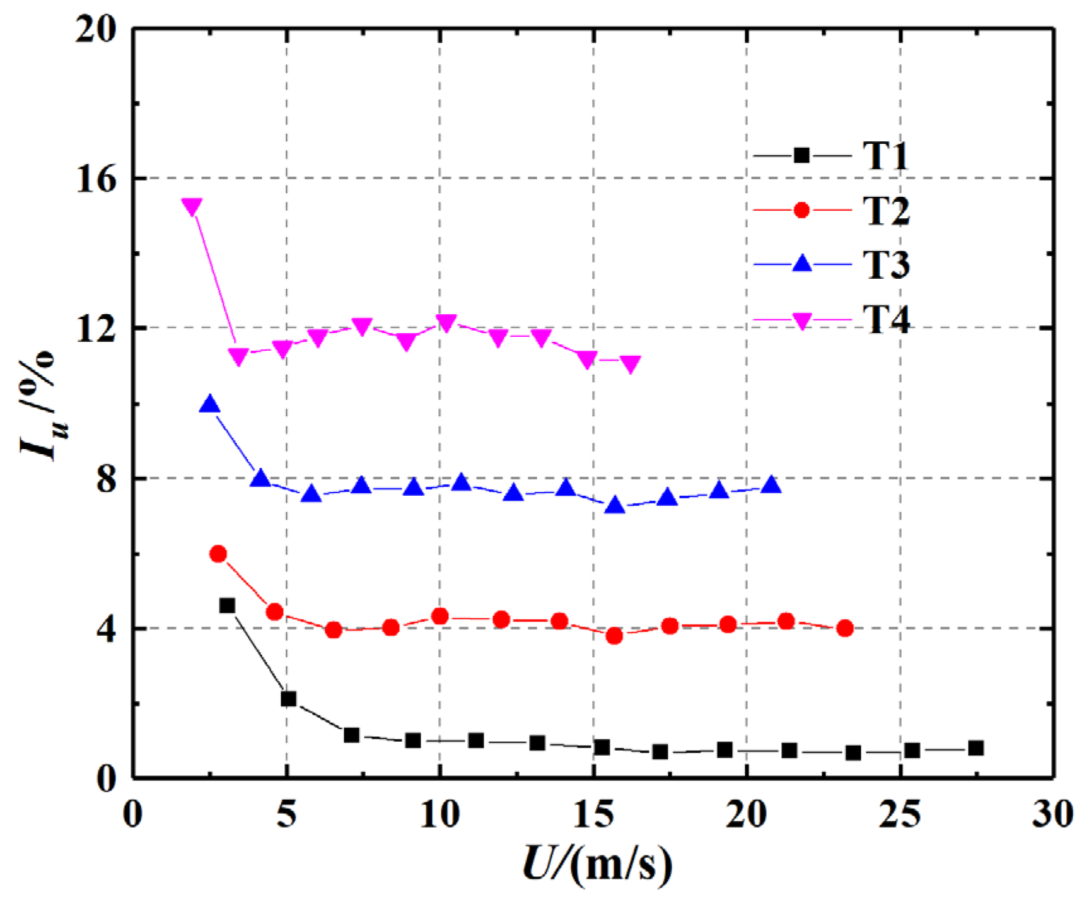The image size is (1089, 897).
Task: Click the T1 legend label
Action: pyautogui.click(x=885, y=155)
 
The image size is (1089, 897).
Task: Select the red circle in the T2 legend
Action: pyautogui.click(x=801, y=210)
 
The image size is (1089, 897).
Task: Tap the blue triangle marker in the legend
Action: pyautogui.click(x=801, y=263)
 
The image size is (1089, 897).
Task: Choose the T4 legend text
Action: pyautogui.click(x=886, y=319)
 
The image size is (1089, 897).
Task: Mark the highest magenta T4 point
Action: pyautogui.click(x=192, y=206)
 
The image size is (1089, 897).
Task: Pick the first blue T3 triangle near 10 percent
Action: pyautogui.click(x=210, y=404)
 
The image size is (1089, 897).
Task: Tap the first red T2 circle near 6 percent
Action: pyautogui.click(x=218, y=554)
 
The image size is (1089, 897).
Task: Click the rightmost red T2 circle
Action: pyautogui.click(x=846, y=628)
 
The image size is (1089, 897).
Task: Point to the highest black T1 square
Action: pyautogui.click(x=227, y=606)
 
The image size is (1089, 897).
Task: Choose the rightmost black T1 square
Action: pyautogui.click(x=975, y=748)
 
